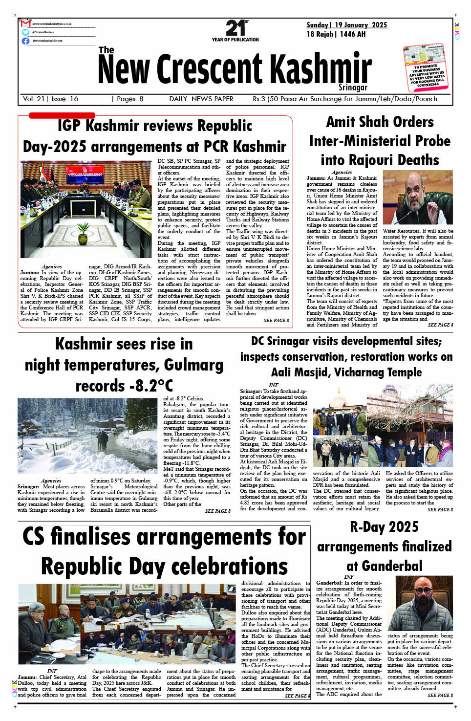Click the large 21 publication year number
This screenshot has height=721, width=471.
click(x=235, y=28)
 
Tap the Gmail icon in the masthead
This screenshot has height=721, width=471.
click(x=25, y=23)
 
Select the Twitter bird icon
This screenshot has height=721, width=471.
click(x=25, y=32)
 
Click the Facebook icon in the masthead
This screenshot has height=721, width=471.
click(x=25, y=41)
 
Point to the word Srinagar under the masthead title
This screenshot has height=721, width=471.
click(x=352, y=87)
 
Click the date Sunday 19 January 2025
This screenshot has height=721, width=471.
click(x=346, y=25)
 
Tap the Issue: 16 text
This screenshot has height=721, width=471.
click(x=64, y=99)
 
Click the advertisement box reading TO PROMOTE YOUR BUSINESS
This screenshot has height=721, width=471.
click(x=426, y=68)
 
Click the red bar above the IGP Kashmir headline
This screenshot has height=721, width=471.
click(x=62, y=115)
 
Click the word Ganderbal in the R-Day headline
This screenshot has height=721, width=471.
click(x=384, y=566)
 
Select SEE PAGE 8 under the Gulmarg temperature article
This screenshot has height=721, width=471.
click(x=217, y=511)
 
